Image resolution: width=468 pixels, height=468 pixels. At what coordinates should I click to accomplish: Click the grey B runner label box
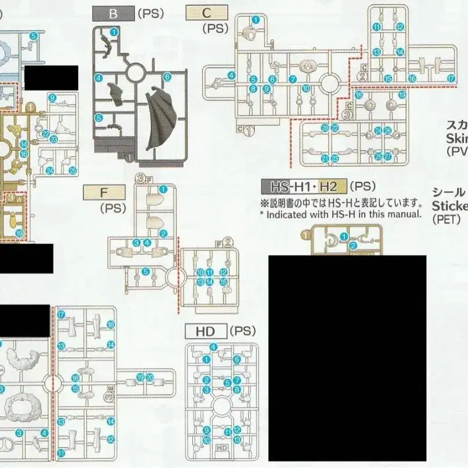113,14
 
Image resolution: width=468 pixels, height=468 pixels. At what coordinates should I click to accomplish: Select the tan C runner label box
207,13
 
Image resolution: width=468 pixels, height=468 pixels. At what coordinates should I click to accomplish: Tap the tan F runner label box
104,192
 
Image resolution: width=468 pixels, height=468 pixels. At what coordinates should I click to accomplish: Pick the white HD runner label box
206,332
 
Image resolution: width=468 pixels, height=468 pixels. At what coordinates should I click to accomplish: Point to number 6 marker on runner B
167,77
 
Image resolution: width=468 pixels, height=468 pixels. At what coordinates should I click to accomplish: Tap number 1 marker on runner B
114,31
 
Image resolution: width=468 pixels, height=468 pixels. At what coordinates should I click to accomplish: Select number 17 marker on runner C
451,78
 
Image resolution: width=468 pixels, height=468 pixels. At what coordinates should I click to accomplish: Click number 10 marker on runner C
306,89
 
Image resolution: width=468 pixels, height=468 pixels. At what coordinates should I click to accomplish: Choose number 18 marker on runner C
358,95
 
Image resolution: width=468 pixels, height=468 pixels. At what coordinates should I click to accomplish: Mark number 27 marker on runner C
388,157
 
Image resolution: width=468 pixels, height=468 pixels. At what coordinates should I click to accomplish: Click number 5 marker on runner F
146,271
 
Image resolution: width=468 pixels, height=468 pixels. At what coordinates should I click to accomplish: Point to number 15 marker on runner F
224,282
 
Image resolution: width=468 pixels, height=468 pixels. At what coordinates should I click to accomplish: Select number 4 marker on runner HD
214,347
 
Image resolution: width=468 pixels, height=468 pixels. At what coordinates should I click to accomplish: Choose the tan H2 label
328,186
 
